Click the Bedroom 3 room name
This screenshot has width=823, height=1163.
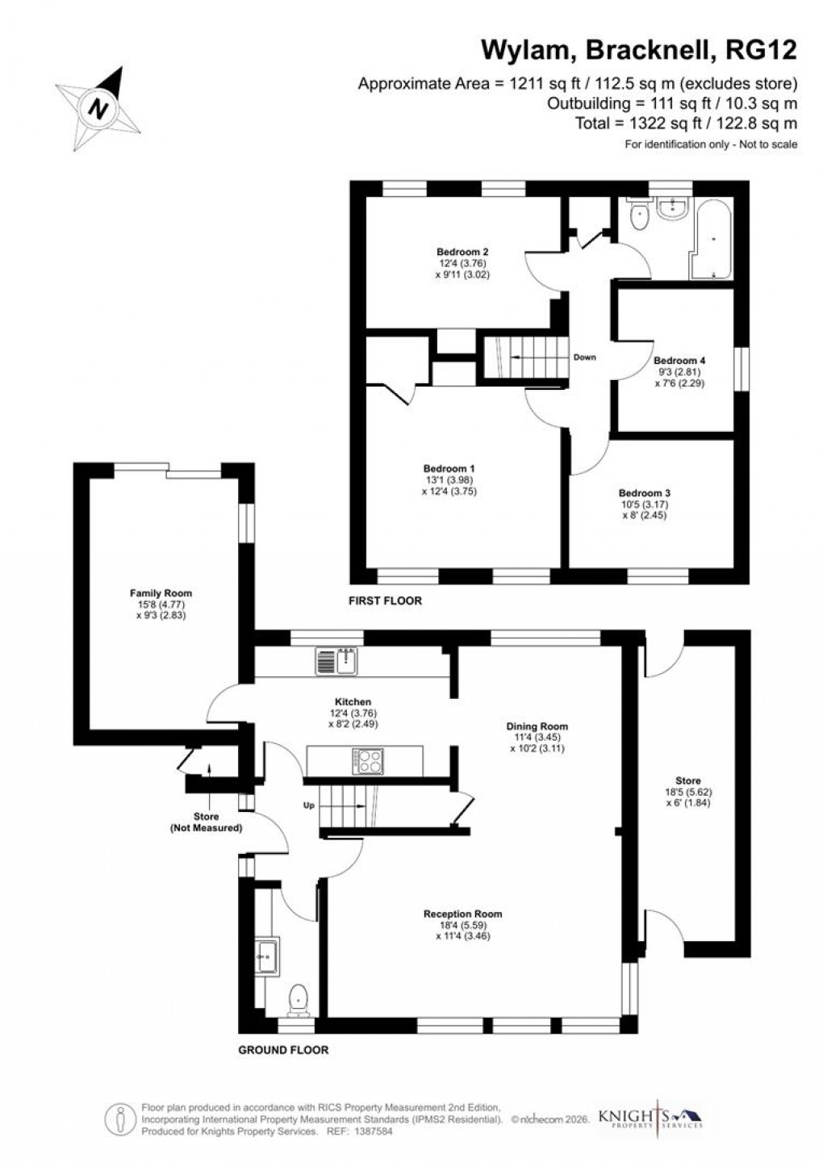[645, 493]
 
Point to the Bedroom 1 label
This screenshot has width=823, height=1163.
[449, 469]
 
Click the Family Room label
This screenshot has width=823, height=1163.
[161, 593]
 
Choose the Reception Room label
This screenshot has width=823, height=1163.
[462, 914]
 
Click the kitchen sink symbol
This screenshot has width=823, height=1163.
[336, 661]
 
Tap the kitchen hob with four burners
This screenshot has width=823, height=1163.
[368, 761]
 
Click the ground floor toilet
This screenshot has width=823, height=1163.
[299, 998]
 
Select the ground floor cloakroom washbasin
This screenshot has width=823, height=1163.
[265, 957]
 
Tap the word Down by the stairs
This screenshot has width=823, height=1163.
[584, 357]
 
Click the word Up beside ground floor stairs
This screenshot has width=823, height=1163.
[308, 805]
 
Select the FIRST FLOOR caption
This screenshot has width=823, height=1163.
[385, 601]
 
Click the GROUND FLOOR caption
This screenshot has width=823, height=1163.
[283, 1050]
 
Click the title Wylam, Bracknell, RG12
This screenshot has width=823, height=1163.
[639, 51]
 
